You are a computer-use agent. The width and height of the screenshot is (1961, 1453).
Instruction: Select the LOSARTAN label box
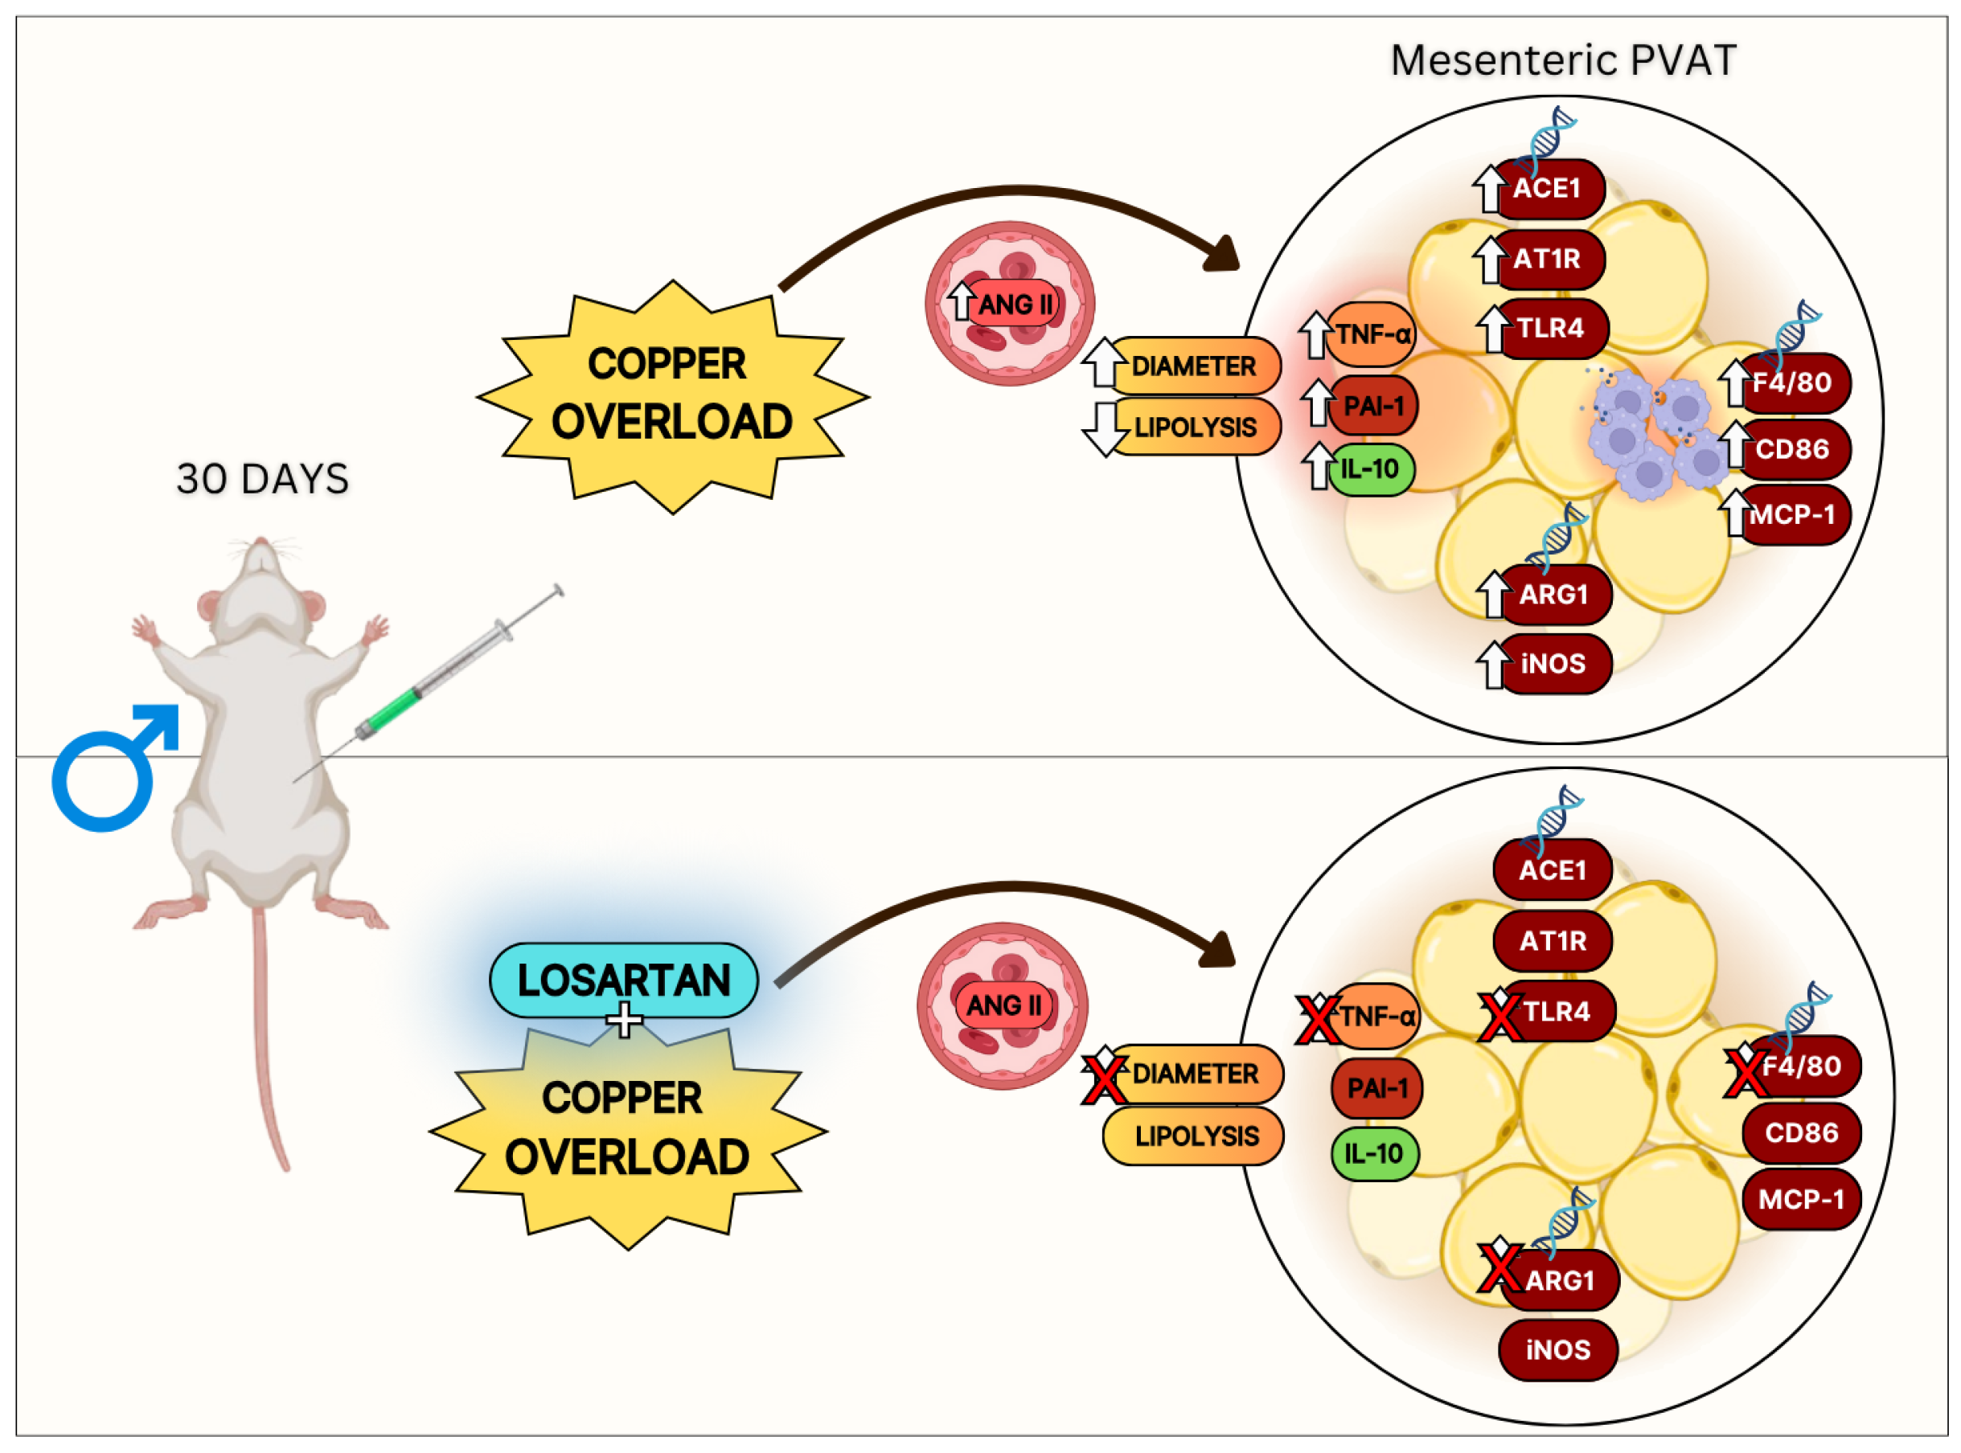[x=623, y=980]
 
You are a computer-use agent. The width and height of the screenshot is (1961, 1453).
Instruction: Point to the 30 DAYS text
[x=262, y=478]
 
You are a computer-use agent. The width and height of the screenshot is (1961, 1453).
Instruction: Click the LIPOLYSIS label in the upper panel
[x=1194, y=427]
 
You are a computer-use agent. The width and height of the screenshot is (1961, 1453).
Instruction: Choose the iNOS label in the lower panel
[x=1557, y=1349]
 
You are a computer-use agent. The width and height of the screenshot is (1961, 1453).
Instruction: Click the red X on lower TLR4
[x=1499, y=1014]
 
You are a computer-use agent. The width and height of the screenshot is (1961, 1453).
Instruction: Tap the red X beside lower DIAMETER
[x=1104, y=1078]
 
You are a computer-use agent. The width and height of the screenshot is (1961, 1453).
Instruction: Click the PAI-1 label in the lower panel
[x=1376, y=1088]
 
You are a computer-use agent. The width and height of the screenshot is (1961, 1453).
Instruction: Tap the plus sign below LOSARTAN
[x=624, y=1021]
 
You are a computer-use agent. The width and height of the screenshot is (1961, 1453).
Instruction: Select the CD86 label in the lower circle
[x=1800, y=1133]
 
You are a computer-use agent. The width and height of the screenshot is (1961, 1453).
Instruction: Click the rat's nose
[x=260, y=542]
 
